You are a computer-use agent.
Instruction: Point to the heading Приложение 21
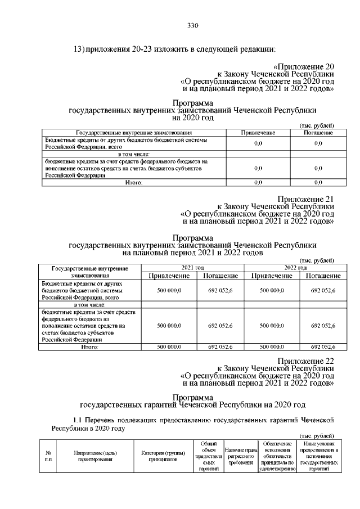click(307, 199)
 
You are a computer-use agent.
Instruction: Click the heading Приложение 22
click(307, 361)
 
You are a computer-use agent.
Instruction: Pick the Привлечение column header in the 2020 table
click(258, 132)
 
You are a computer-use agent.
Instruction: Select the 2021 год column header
click(192, 268)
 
